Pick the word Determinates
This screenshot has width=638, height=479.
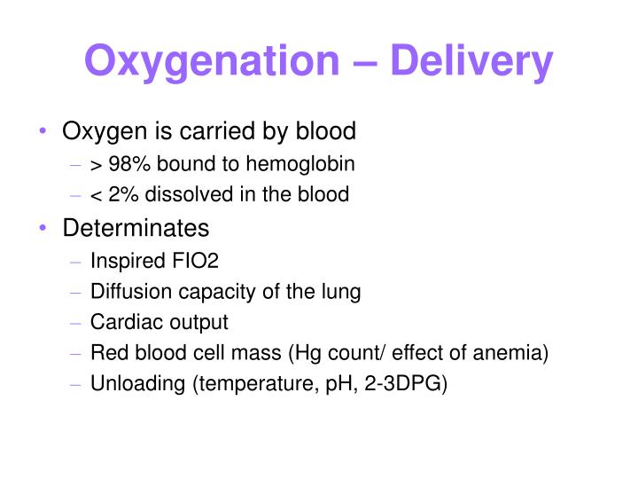pyautogui.click(x=136, y=228)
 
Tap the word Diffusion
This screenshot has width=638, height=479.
pyautogui.click(x=124, y=292)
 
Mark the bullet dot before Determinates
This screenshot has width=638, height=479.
pyautogui.click(x=43, y=228)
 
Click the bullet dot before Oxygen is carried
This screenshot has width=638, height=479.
pyautogui.click(x=43, y=132)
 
